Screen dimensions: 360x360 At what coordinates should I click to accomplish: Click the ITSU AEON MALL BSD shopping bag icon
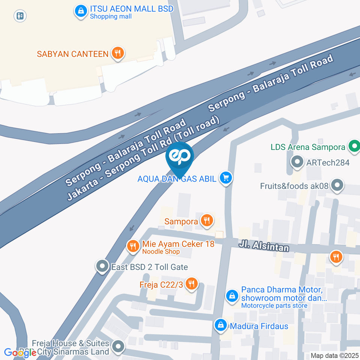click(81, 11)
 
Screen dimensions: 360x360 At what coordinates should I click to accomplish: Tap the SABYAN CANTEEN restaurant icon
click(118, 54)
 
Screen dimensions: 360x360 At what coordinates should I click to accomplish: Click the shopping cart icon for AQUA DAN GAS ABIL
click(225, 178)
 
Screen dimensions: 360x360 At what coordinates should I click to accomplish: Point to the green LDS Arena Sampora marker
click(353, 147)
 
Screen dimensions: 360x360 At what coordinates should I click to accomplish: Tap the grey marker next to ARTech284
click(297, 162)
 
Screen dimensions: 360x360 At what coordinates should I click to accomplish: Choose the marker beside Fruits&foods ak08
click(338, 185)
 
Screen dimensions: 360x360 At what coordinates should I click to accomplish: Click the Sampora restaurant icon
click(207, 221)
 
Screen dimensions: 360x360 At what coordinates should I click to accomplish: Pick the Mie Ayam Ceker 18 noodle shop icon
click(132, 246)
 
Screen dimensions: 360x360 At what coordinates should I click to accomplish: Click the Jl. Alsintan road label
click(264, 246)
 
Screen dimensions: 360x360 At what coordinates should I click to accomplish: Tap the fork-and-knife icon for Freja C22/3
click(192, 284)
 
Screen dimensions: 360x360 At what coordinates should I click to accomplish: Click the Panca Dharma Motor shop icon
click(232, 295)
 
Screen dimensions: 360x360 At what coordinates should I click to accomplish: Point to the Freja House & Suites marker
click(118, 347)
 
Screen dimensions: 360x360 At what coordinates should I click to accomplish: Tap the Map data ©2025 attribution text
click(334, 355)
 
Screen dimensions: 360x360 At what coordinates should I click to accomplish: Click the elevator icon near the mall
click(20, 16)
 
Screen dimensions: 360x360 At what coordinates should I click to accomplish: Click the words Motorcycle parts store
click(274, 306)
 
